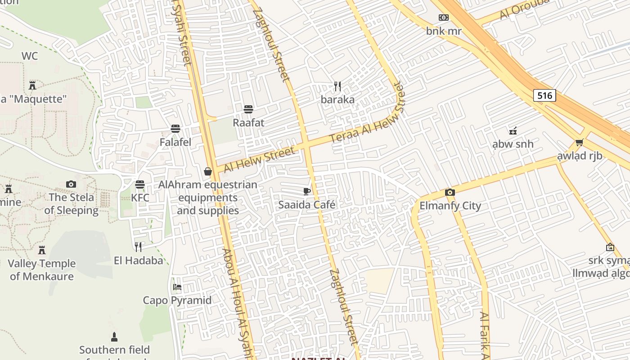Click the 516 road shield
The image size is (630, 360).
point(544,95)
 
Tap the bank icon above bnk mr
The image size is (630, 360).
point(444,18)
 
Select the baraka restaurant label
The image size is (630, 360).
point(337,99)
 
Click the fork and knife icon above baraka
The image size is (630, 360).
point(337,86)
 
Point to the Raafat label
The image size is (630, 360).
point(248,122)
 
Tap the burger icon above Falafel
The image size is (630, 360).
point(175,129)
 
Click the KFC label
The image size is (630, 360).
point(140,198)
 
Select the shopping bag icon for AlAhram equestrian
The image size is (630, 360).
point(208,171)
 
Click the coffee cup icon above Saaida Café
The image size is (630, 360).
point(307,191)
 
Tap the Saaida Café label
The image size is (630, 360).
point(307,205)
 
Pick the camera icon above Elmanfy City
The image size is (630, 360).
point(450,193)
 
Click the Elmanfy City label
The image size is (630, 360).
point(450,206)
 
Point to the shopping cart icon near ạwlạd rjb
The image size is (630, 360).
point(579,143)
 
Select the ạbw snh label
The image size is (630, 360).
point(513,144)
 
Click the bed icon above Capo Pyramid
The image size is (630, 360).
point(177,287)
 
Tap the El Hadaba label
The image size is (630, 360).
point(138,260)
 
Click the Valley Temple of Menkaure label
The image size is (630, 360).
point(42,270)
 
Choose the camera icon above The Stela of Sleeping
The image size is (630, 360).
point(71,184)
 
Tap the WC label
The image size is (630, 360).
point(30,56)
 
